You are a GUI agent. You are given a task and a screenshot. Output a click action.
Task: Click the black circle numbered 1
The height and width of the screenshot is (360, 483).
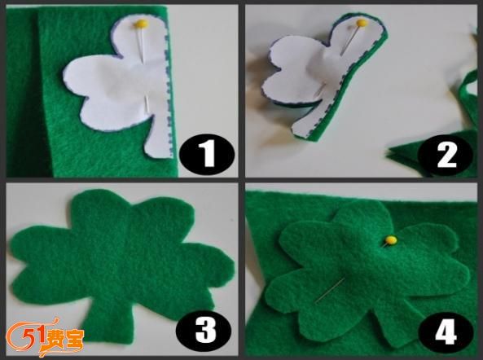(x=207, y=155)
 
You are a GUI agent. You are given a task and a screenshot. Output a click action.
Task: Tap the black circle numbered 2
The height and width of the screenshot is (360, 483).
(x=446, y=156)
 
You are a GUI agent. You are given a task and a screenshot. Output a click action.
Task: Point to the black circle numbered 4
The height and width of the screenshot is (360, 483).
(x=446, y=331)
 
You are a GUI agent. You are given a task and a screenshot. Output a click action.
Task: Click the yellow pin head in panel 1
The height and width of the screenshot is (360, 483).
(x=142, y=24)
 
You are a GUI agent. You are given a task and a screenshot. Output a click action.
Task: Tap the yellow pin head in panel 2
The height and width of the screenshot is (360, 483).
(x=362, y=23)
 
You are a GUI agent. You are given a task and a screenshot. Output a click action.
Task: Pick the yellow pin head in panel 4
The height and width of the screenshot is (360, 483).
(x=391, y=240)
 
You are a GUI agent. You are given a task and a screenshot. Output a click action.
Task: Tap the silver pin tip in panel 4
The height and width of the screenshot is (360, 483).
(x=317, y=301)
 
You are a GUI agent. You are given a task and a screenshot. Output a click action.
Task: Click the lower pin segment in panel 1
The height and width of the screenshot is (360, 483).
(x=147, y=103)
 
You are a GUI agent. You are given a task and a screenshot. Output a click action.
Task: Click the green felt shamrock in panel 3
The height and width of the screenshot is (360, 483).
(x=120, y=261)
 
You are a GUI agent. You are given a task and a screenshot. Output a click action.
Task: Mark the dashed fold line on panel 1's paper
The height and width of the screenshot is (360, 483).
(x=168, y=92)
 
